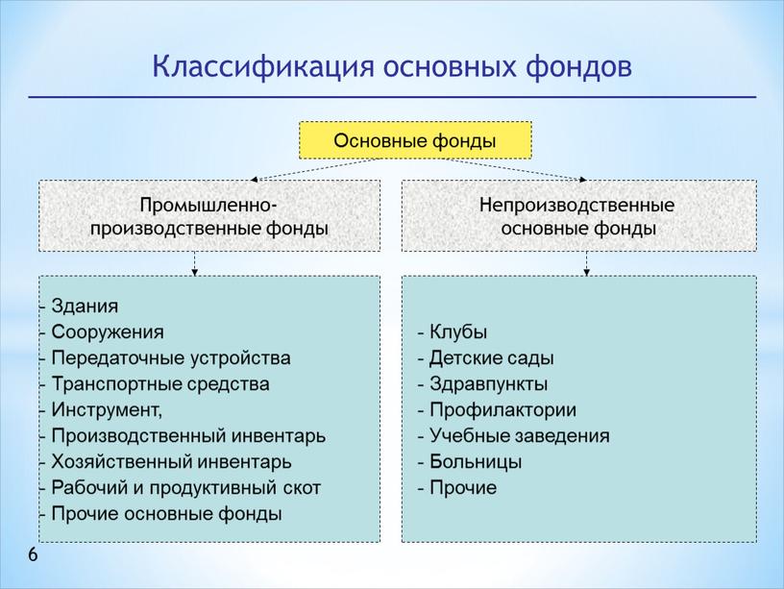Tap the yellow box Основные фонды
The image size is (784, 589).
(415, 140)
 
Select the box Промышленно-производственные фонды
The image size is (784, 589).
(208, 217)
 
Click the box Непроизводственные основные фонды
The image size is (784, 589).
(577, 217)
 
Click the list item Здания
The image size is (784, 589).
(86, 307)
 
